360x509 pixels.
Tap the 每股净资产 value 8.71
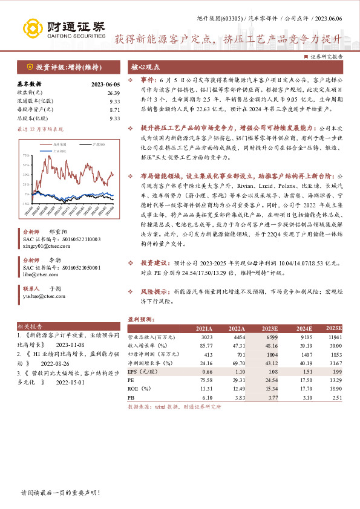point(115,109)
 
